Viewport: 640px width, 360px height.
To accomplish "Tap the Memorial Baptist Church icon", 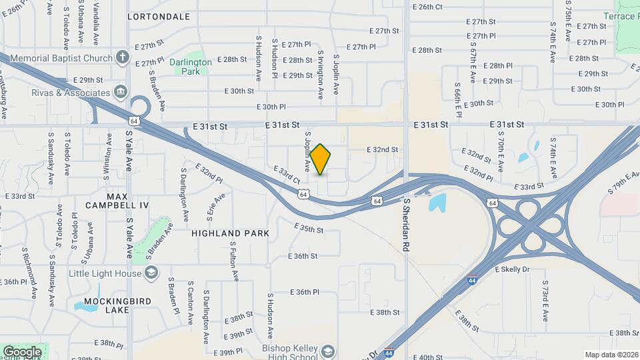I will pyautogui.click(x=122, y=57).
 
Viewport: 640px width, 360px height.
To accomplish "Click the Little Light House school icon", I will pyautogui.click(x=151, y=273).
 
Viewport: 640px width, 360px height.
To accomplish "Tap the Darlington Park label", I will pyautogui.click(x=190, y=67).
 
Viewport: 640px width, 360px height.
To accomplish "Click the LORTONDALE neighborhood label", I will pyautogui.click(x=158, y=17).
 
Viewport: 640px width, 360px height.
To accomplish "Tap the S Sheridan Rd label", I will pyautogui.click(x=405, y=223).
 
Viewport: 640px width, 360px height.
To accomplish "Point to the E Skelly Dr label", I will pyautogui.click(x=512, y=269).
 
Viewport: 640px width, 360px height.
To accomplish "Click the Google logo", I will pyautogui.click(x=22, y=351).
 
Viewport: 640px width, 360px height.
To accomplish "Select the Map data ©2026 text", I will pyautogui.click(x=611, y=355).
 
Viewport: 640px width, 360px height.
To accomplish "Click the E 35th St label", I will pyautogui.click(x=309, y=229).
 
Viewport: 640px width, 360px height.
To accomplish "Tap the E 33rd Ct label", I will pyautogui.click(x=287, y=175).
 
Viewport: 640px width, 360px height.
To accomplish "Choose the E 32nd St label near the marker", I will pyautogui.click(x=382, y=150).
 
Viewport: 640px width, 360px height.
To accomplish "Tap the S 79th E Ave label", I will pyautogui.click(x=623, y=183).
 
